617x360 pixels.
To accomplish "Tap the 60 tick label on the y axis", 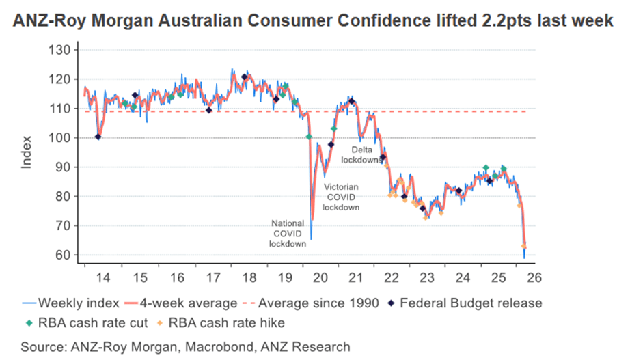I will tap(64, 255).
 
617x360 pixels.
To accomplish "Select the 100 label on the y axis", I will tap(61, 138).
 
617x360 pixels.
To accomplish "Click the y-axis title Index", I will tap(27, 153).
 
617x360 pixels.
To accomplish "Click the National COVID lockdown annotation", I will tap(287, 233).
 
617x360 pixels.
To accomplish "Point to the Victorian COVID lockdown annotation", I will tap(342, 196).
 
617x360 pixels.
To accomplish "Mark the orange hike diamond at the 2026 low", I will tap(524, 246).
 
